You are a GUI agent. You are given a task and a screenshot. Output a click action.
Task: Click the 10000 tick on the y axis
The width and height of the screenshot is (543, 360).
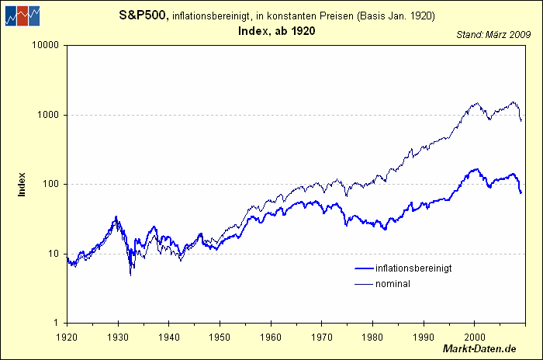47,45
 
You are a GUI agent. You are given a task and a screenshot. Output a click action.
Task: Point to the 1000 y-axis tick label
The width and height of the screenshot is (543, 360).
50,115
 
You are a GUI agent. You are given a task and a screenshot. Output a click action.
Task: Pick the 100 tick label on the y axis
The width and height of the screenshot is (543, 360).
52,184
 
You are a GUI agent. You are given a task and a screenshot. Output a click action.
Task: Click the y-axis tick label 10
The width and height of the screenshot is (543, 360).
55,254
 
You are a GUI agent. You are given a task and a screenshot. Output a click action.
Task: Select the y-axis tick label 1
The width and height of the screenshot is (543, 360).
57,323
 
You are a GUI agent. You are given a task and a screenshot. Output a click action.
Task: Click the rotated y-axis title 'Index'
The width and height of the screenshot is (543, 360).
22,184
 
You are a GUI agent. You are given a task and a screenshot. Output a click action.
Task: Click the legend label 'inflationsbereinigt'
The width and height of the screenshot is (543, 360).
413,268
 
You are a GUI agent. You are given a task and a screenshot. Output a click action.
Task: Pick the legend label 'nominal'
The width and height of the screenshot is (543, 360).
393,284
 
